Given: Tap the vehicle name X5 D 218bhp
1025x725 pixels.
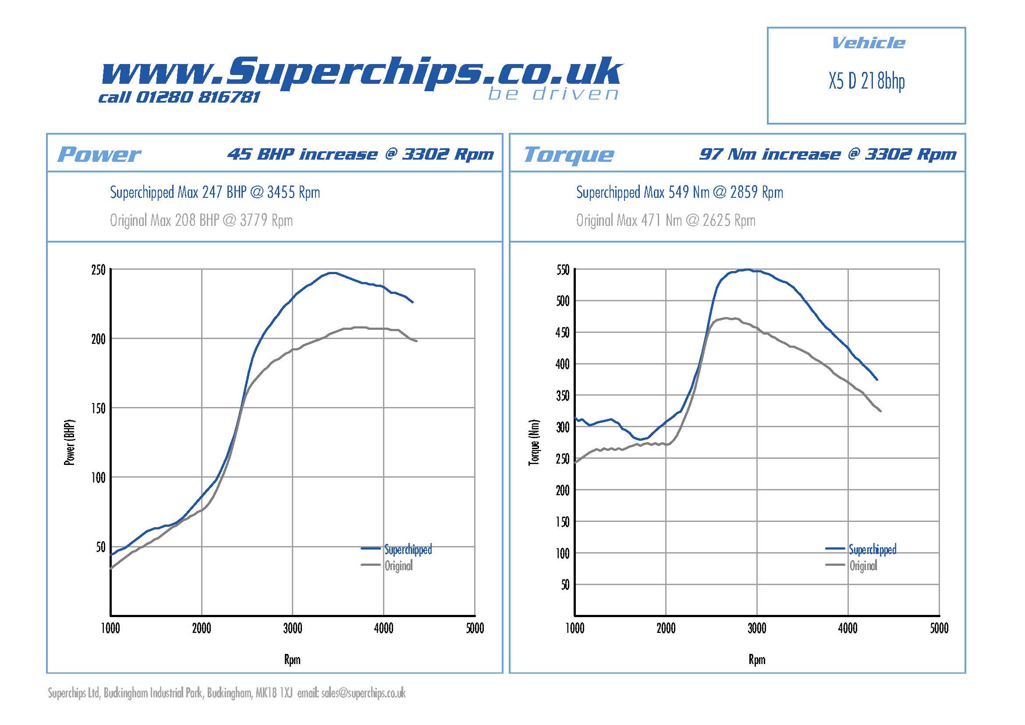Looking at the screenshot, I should (x=866, y=82).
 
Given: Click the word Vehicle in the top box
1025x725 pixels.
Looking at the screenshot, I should (x=868, y=43).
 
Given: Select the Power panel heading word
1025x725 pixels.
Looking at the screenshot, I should (x=99, y=154).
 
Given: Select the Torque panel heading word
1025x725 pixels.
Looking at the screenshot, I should (x=569, y=154).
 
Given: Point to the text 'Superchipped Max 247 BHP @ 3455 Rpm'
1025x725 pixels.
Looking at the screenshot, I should (x=215, y=193).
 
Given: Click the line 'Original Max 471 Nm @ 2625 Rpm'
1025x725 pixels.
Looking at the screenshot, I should (x=666, y=221).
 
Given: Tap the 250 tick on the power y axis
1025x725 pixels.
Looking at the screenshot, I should (x=98, y=270).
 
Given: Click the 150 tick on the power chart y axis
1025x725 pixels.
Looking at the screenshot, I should (x=98, y=408).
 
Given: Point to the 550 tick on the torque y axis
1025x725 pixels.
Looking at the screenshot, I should (x=563, y=270).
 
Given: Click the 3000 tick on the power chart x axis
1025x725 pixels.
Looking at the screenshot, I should (x=292, y=629).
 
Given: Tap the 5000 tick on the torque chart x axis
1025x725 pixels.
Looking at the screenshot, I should (x=939, y=629).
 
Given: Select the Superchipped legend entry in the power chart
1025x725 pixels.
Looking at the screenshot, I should (x=408, y=550).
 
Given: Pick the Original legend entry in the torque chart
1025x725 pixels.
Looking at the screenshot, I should (x=863, y=566).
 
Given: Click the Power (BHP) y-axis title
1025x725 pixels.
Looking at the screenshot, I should (x=70, y=443).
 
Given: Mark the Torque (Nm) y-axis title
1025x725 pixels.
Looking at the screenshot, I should (x=534, y=443).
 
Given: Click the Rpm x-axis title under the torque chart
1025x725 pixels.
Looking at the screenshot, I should (x=757, y=660).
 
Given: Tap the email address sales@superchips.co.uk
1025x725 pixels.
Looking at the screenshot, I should (x=363, y=693).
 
